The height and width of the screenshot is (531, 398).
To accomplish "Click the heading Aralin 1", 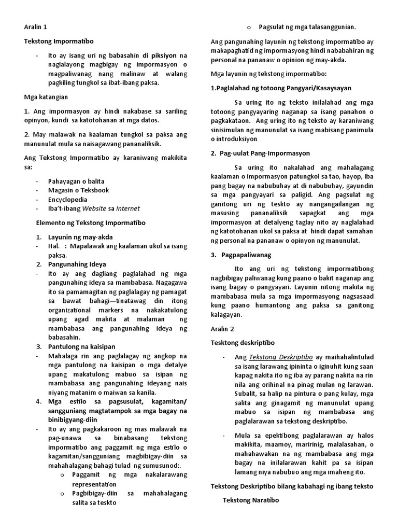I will (36, 26).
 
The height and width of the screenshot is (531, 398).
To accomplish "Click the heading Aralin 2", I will (223, 329).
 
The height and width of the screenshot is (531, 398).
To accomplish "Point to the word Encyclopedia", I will (67, 199).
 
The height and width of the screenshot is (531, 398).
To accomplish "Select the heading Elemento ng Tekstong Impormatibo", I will (90, 223).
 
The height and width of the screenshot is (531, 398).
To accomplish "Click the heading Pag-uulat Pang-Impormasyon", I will (265, 153).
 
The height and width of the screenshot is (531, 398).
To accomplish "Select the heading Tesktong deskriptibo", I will (243, 343).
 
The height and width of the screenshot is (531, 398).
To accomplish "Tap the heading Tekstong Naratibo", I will (251, 500).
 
